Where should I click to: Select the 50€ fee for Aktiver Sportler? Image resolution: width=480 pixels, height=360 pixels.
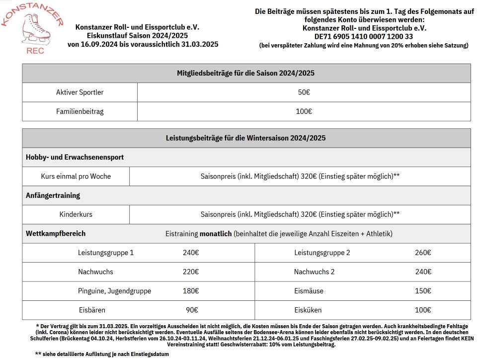[304, 92]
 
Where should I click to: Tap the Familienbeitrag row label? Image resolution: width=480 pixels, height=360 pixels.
[80, 111]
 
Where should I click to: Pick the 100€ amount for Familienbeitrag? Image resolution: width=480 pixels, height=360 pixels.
[304, 111]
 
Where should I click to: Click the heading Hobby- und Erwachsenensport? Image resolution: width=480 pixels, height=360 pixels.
[75, 157]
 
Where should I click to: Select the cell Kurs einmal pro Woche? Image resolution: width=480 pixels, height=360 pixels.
[76, 177]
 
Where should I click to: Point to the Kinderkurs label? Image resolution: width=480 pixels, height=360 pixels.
[76, 215]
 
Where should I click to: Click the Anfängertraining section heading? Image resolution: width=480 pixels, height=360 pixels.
[53, 195]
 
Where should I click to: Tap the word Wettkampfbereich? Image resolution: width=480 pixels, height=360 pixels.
[56, 233]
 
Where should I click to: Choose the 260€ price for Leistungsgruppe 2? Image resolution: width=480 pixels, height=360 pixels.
[423, 253]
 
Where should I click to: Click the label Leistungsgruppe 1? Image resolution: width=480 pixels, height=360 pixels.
[106, 253]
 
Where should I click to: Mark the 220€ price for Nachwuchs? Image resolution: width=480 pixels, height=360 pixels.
[191, 272]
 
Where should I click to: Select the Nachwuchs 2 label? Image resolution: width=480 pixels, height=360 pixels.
[314, 272]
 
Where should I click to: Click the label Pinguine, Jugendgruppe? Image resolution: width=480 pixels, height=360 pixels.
[114, 291]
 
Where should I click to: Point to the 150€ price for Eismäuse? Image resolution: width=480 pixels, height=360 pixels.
[423, 291]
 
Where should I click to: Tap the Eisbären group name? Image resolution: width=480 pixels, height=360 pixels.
[92, 310]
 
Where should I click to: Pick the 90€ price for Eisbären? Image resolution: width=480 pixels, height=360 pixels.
[192, 310]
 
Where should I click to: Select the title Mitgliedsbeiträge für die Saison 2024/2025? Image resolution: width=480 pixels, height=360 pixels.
[246, 73]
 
